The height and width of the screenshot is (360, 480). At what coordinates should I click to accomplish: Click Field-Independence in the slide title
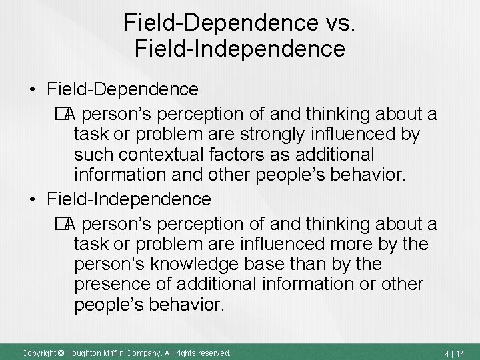click(x=241, y=49)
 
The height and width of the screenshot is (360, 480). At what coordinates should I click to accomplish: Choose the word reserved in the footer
click(x=213, y=352)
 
